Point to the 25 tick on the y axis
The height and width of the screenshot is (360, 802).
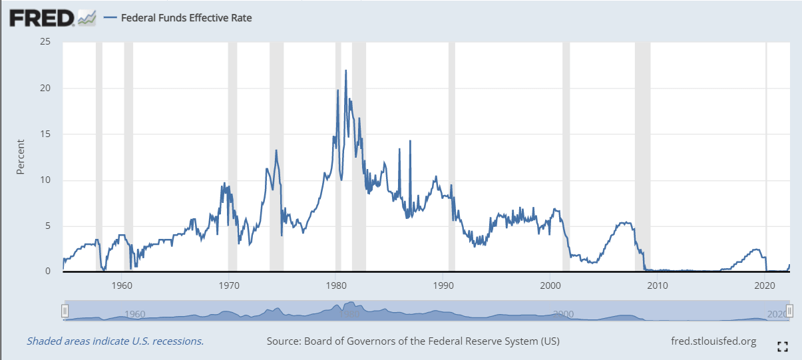45,42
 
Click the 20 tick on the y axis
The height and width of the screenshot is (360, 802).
45,88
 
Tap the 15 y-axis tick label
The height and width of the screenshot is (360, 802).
45,134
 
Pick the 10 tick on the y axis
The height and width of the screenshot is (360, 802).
45,180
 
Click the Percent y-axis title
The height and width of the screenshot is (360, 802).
20,157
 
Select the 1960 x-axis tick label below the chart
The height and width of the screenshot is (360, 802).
121,285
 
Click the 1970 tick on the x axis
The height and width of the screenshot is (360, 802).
228,285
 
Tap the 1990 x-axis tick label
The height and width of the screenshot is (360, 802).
443,285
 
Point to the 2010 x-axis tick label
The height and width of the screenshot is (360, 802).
658,285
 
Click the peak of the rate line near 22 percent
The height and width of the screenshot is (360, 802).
345,71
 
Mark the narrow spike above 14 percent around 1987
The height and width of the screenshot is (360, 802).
410,141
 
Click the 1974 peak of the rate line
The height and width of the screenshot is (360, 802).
276,151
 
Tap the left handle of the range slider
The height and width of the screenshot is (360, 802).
65,311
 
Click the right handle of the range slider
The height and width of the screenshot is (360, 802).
789,311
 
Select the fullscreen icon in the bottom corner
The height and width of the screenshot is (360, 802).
783,345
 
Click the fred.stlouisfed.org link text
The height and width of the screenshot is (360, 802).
714,341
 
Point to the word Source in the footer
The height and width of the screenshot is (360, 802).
283,341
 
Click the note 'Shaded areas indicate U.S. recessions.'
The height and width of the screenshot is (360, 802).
115,341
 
